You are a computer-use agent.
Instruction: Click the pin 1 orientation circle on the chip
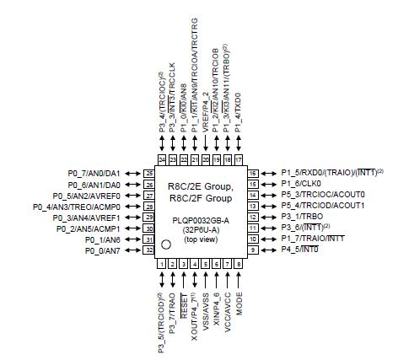167,244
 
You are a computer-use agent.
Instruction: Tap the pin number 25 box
149,173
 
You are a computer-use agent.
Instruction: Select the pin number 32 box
149,250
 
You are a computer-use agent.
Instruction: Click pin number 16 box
251,173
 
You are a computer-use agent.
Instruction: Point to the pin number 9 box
251,250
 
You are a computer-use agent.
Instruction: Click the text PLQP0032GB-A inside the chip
201,218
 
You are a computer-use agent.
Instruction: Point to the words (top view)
201,239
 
